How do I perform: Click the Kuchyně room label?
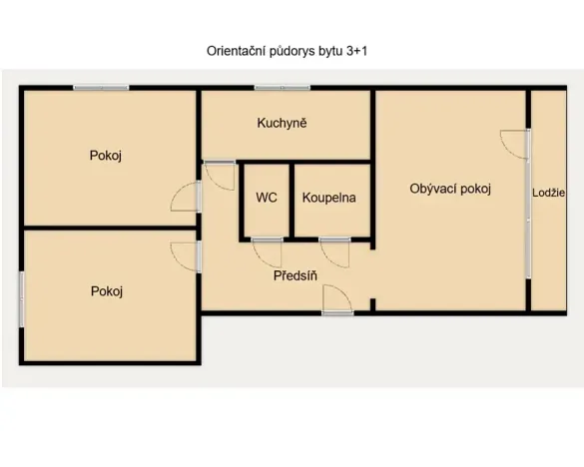pos(282,124)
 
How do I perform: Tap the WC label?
pos(267,198)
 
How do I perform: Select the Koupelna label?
pos(328,198)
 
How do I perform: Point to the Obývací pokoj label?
pos(450,189)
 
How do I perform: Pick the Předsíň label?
pos(295,275)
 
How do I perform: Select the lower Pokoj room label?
pos(106,291)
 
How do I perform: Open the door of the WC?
pos(268,252)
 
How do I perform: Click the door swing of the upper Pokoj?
pos(186,197)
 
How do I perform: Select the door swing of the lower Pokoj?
pos(186,255)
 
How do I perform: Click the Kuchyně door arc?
pos(220,176)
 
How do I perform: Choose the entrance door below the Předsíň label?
pos(337,298)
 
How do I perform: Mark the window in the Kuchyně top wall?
pos(282,88)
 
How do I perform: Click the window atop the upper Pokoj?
pos(101,88)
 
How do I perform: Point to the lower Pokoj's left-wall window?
pos(21,293)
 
